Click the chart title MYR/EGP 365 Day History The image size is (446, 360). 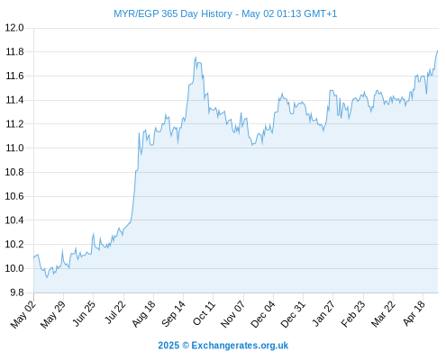click(173, 13)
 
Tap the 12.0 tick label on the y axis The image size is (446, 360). click(14, 28)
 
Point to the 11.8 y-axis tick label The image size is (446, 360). click(14, 52)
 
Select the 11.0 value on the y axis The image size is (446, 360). click(14, 148)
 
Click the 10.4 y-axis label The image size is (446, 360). click(14, 220)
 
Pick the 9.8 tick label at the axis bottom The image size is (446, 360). click(17, 292)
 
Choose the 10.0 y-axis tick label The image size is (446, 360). click(14, 268)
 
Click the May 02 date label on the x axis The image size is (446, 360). click(23, 314)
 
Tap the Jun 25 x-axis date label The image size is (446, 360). click(84, 313)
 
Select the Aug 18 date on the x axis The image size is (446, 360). click(144, 313)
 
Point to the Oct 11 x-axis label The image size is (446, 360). click(204, 313)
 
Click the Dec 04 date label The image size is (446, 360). click(262, 314)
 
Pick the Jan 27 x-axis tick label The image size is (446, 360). click(323, 313)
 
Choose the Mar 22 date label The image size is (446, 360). click(382, 314)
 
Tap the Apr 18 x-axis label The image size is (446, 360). click(414, 313)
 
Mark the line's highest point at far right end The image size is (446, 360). click(438, 51)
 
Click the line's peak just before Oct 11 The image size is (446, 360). click(196, 57)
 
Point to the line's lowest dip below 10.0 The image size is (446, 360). click(47, 277)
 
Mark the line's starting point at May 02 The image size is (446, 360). click(33, 257)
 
